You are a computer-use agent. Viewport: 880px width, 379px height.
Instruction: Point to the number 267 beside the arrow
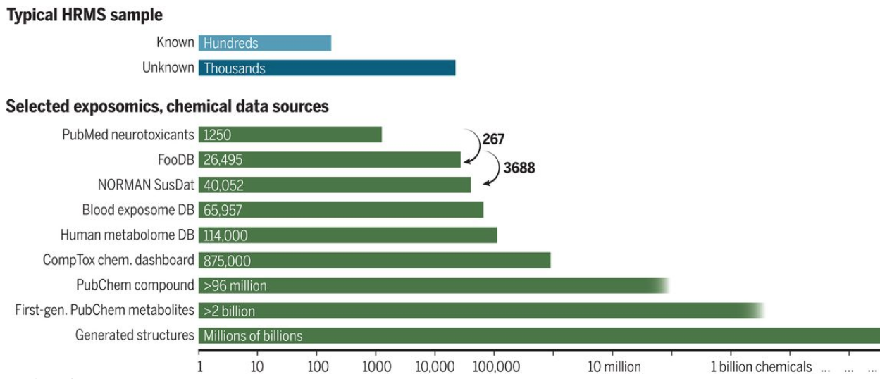coord(493,139)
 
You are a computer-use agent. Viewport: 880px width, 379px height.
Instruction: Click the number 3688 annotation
coord(519,168)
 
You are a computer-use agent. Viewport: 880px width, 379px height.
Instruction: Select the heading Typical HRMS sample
coord(85,15)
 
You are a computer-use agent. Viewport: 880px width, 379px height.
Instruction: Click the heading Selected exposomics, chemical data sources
coord(167,107)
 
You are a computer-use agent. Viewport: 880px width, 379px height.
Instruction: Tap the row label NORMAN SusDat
coord(146,185)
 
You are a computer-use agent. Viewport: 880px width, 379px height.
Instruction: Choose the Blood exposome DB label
coord(138,210)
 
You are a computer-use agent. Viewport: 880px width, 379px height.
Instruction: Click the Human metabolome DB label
coord(128,235)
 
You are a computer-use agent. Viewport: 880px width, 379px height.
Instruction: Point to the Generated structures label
coord(135,335)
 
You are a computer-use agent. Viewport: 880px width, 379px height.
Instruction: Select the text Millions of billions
coord(253,336)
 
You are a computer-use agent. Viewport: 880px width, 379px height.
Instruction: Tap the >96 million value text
coord(235,286)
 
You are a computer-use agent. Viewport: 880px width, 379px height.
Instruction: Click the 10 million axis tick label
coord(614,367)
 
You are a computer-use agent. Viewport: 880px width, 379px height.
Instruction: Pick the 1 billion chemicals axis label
coord(760,367)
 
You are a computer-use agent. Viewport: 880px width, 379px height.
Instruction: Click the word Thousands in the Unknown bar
coord(235,68)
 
